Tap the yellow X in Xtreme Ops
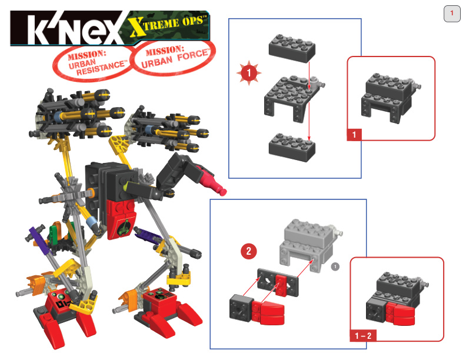point(137,27)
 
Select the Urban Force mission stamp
point(174,56)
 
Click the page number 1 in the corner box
point(452,13)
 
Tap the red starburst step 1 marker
point(249,73)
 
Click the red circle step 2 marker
point(249,251)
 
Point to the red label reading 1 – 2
point(363,336)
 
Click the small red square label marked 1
point(354,135)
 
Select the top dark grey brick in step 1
point(292,48)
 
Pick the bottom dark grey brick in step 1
point(292,147)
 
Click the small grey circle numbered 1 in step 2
point(335,266)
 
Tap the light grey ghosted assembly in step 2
point(311,245)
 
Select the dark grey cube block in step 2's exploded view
point(242,308)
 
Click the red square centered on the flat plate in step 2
point(281,285)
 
